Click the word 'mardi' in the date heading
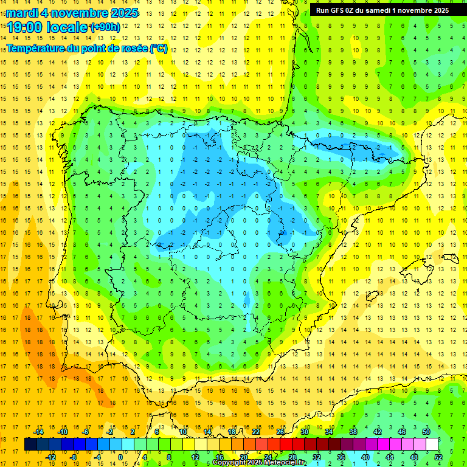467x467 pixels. click(x=22, y=13)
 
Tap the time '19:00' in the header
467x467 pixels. click(x=27, y=27)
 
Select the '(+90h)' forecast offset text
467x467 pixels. click(x=105, y=27)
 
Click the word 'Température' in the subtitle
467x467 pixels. click(x=36, y=48)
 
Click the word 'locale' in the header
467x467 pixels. click(x=67, y=27)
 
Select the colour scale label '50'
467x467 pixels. click(x=426, y=432)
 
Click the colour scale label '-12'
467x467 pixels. click(x=50, y=457)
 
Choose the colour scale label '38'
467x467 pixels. click(x=353, y=432)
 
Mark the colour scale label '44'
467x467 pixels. click(x=390, y=457)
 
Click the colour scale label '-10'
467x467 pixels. click(x=62, y=432)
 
